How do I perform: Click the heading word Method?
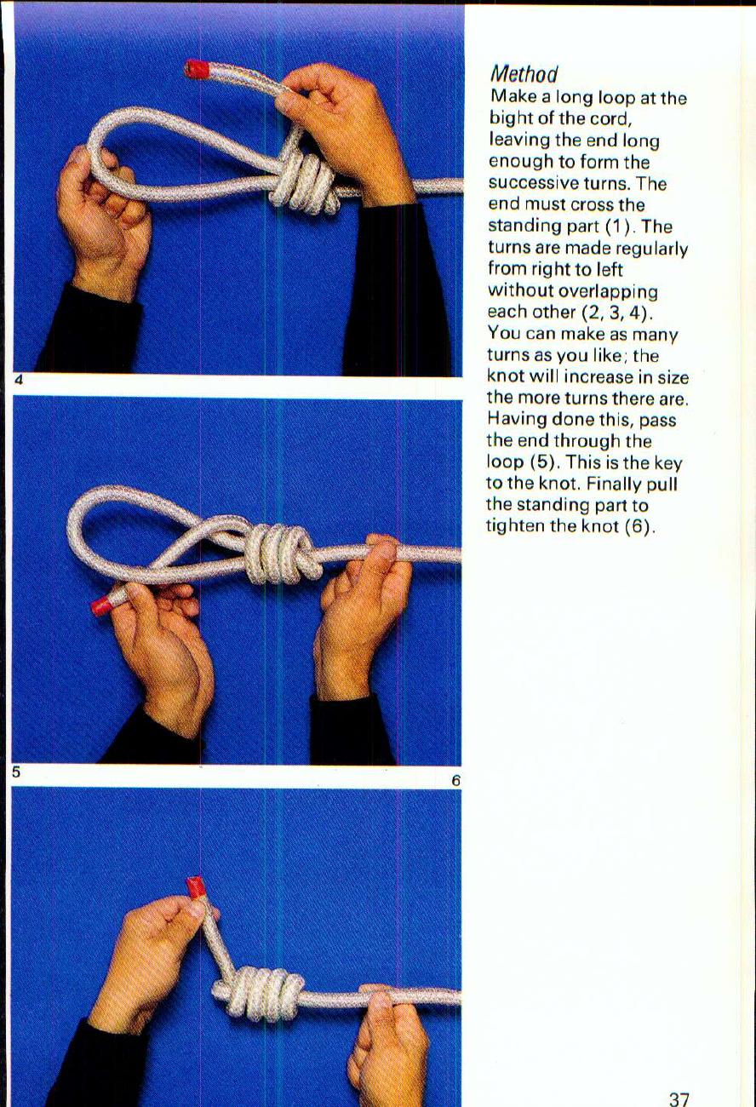524,75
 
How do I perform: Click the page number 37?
679,1099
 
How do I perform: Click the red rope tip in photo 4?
198,69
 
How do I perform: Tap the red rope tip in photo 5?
102,605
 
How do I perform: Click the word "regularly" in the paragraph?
653,250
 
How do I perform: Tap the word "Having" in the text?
514,420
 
